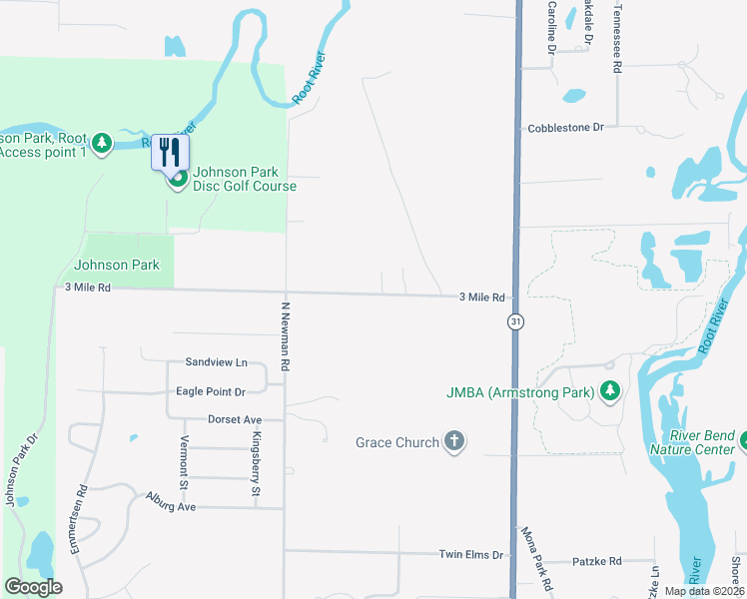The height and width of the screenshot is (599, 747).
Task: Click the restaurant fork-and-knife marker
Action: click(x=169, y=152)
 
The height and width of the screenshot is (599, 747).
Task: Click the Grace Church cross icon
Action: click(x=454, y=441)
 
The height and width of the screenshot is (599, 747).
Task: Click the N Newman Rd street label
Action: click(x=285, y=336)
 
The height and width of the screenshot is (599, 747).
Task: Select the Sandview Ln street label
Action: click(x=216, y=362)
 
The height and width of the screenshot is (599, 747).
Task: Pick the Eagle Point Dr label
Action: click(x=210, y=391)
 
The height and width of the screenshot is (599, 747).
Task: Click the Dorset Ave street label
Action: click(x=235, y=420)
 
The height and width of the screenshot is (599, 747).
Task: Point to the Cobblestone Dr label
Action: click(x=566, y=128)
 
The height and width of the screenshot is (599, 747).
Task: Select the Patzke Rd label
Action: click(x=597, y=561)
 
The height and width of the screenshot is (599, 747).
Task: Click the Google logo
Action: click(x=33, y=587)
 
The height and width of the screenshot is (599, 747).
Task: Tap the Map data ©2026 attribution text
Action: click(x=704, y=591)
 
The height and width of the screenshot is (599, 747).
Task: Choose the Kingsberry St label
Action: click(x=256, y=465)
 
